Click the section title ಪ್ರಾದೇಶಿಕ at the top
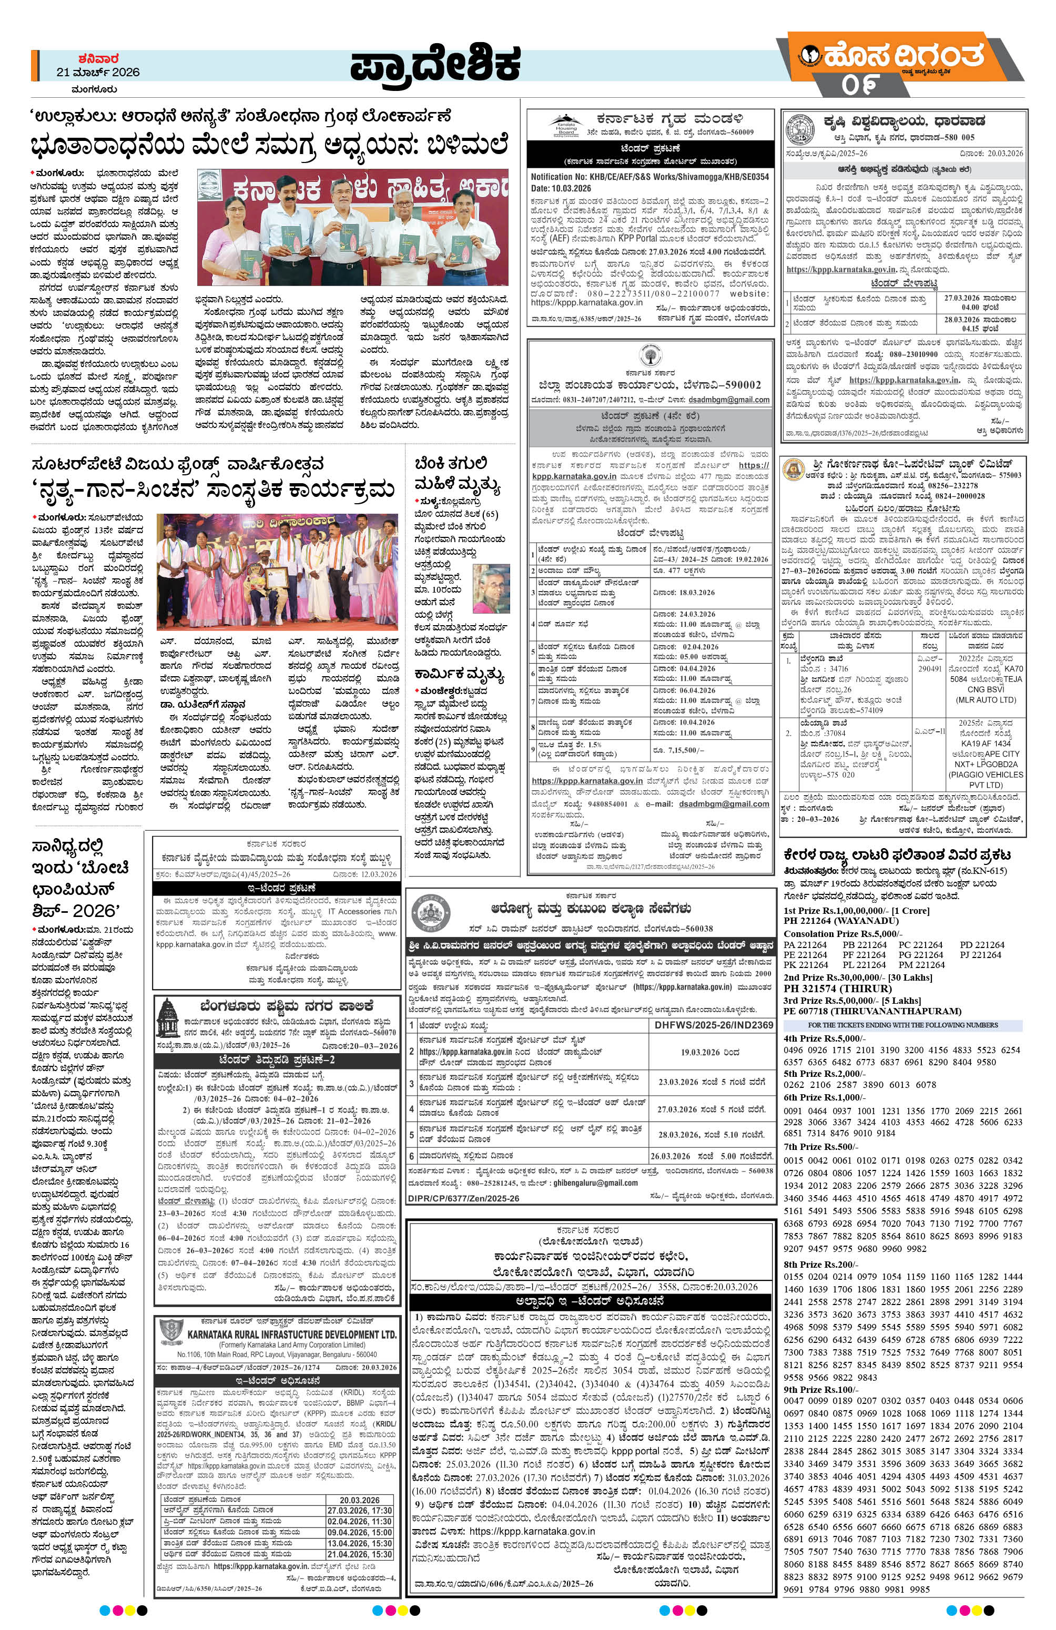coord(435,70)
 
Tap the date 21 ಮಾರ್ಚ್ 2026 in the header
coord(98,72)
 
